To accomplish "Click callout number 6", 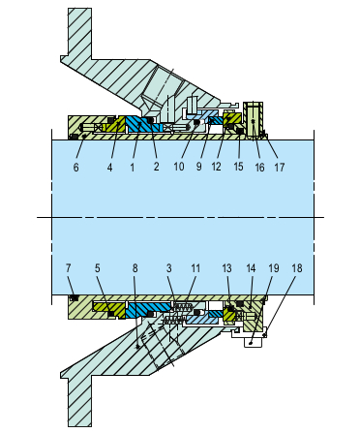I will [x=75, y=168].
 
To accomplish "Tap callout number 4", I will [x=111, y=168].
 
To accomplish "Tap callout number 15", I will [x=237, y=168].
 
